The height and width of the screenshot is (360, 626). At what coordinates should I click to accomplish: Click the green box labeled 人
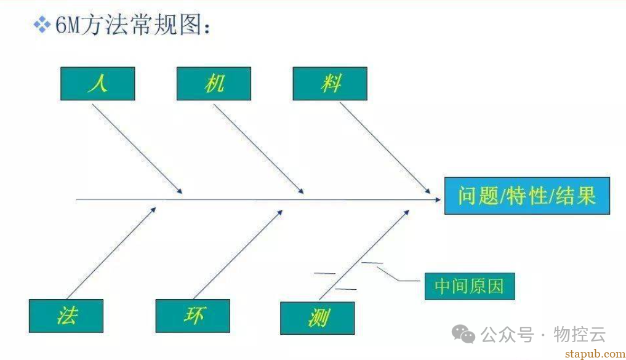coord(97,84)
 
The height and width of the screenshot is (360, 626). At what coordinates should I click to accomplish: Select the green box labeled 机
coord(214,84)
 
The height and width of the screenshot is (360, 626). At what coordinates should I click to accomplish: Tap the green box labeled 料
coord(330,84)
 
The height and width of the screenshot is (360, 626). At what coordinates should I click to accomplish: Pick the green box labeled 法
coord(66,316)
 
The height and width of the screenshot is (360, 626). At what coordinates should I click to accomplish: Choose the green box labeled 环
coord(193,316)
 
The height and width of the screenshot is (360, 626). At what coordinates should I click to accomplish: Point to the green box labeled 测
coord(318,318)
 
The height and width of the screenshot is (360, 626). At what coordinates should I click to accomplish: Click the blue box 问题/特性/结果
coord(527,196)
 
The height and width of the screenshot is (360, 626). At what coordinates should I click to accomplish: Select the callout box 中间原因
coord(470,286)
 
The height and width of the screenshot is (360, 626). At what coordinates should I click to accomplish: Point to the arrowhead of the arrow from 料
coord(429,192)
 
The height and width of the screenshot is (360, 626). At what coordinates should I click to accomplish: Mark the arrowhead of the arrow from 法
coord(154,209)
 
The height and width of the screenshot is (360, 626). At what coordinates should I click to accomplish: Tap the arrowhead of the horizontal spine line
coord(439,199)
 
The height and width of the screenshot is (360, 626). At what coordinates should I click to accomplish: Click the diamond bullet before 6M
coord(42,24)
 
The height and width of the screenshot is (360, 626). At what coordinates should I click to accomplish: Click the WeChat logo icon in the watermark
coord(463,334)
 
